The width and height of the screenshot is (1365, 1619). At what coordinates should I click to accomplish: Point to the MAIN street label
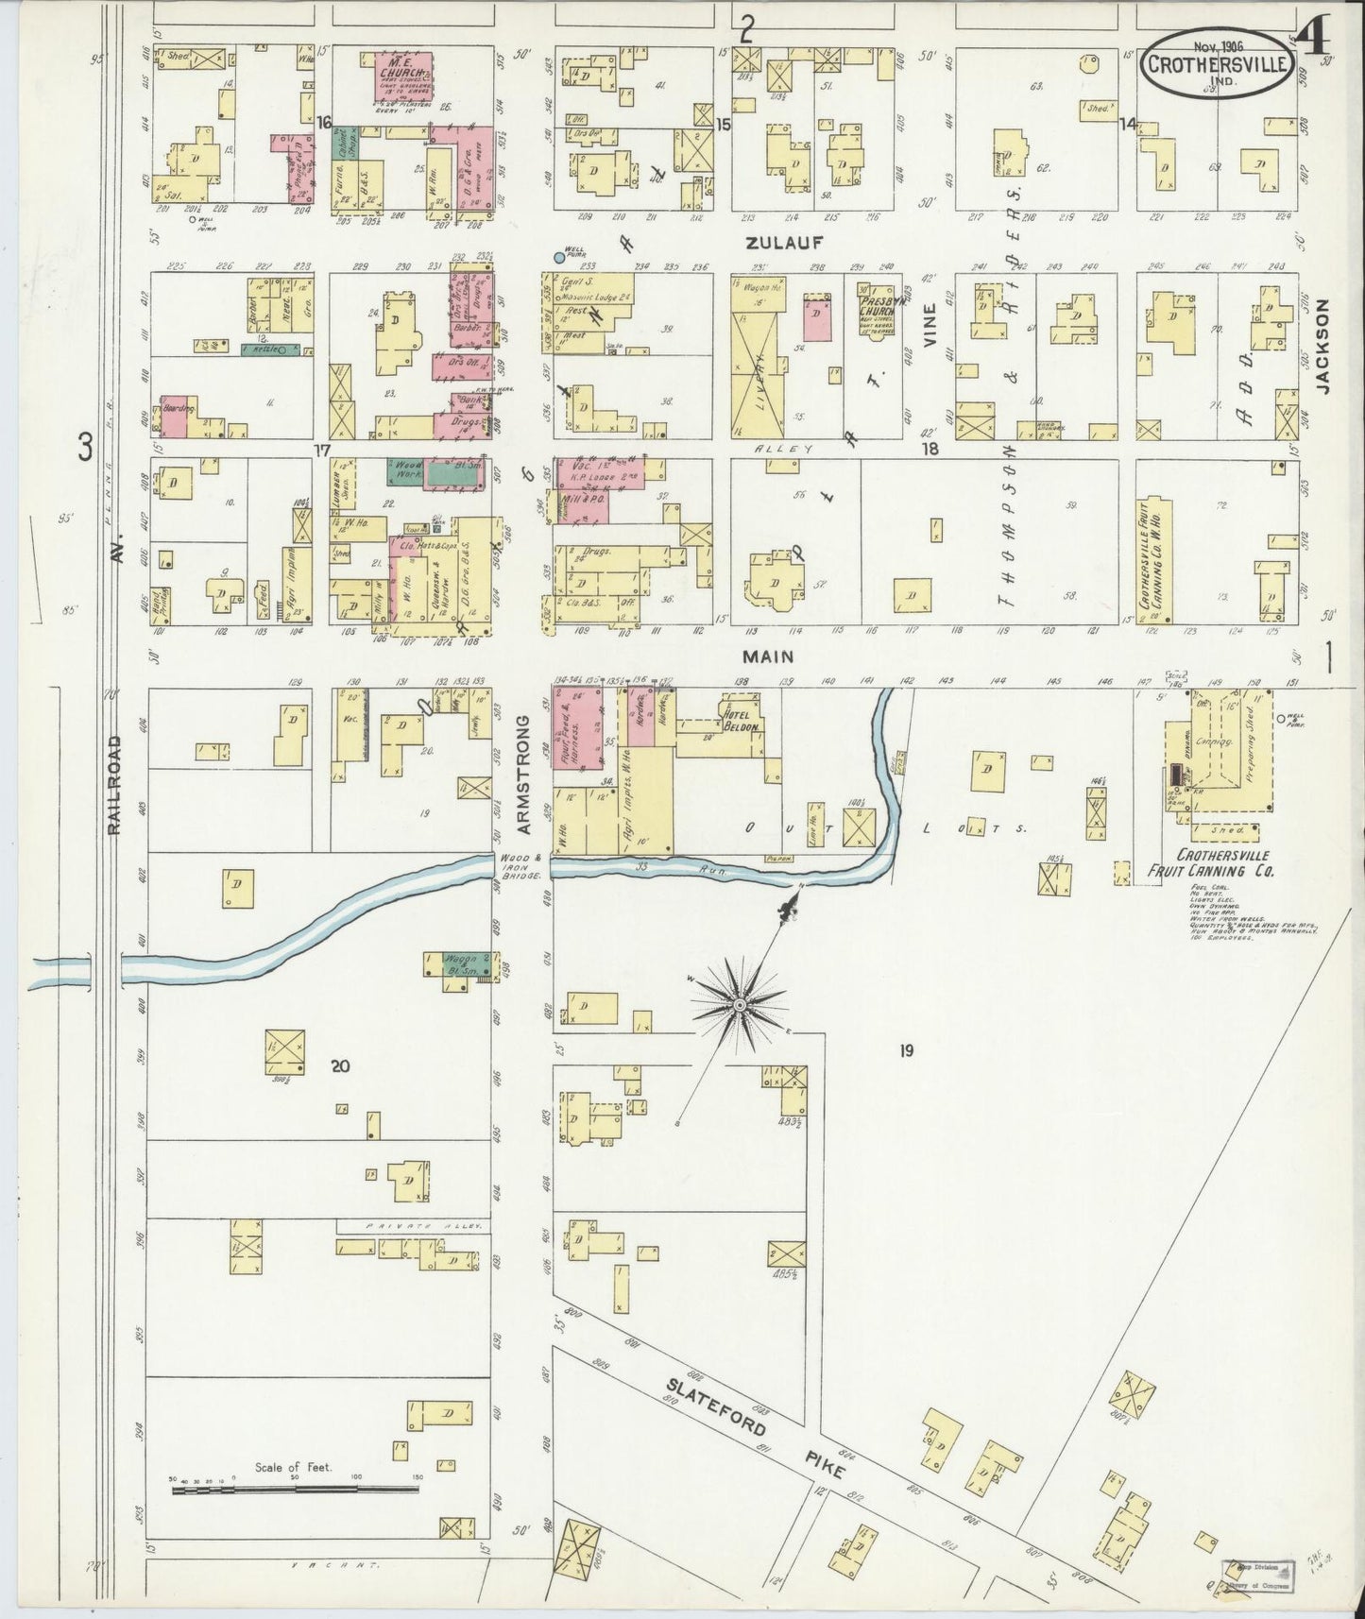coord(767,656)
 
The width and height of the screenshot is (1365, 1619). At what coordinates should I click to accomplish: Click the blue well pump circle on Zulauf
coord(559,257)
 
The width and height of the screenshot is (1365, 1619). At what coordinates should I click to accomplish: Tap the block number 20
coord(341,1065)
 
